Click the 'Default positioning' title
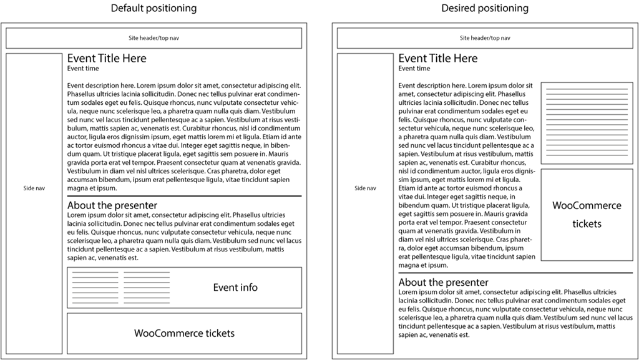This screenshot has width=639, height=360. (x=154, y=8)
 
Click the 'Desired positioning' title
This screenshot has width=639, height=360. (x=485, y=8)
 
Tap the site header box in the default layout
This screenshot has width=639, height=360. (x=154, y=38)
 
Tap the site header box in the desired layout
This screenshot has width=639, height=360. (x=485, y=38)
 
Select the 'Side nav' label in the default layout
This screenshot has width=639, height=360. (x=34, y=188)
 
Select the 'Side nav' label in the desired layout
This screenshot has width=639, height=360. (x=365, y=188)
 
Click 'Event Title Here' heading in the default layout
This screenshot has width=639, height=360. (x=107, y=59)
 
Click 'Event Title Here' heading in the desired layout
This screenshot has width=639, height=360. (x=438, y=59)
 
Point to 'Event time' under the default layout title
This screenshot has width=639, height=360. (x=83, y=69)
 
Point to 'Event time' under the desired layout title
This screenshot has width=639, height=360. (x=414, y=69)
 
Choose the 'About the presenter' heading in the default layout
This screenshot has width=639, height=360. (x=112, y=205)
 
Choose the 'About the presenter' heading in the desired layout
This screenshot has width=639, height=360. (x=444, y=283)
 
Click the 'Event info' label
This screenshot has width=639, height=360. (x=235, y=288)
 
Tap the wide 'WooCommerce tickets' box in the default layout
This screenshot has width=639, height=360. (x=185, y=333)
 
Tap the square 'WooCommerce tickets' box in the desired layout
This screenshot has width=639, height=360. (x=587, y=214)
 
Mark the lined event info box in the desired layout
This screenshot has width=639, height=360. (x=587, y=123)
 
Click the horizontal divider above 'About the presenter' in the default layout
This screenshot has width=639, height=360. (x=185, y=197)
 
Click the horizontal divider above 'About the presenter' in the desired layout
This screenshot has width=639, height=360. (x=515, y=273)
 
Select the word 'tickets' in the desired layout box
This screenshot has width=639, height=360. (x=587, y=223)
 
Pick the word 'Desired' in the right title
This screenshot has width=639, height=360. (x=459, y=8)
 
